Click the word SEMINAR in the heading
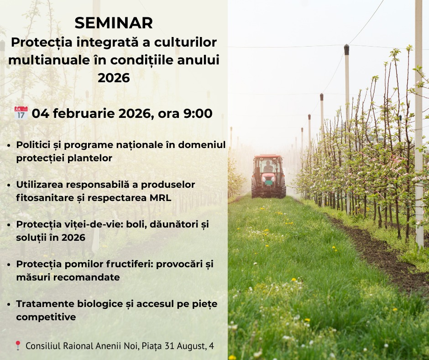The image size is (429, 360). [x=114, y=23]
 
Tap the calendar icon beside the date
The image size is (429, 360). [x=21, y=113]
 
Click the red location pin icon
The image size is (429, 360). [x=18, y=345]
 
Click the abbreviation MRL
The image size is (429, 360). [x=160, y=197]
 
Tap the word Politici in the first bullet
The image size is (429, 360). [x=33, y=145]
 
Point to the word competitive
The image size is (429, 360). [x=46, y=317]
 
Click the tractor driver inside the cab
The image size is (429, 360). [x=268, y=167]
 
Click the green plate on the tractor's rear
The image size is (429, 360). [x=269, y=182]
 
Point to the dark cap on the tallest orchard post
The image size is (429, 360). [x=346, y=50]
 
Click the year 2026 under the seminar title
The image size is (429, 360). [x=114, y=78]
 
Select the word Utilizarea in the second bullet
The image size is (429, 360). [x=40, y=185]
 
